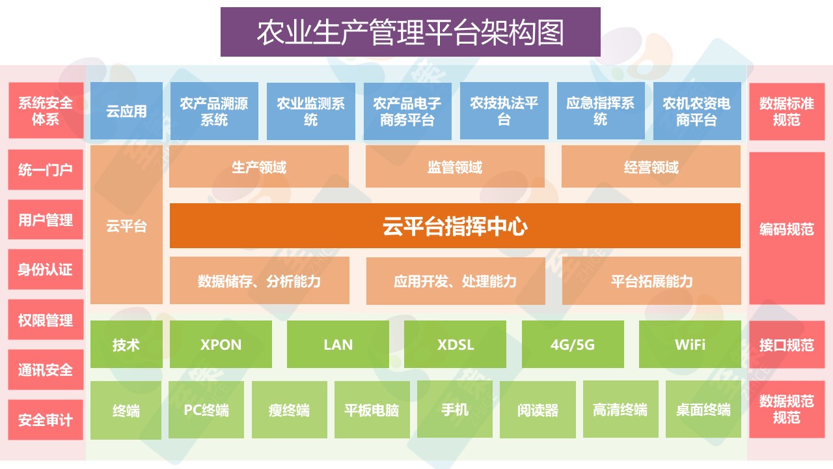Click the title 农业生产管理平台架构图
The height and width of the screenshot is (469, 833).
[x=410, y=33]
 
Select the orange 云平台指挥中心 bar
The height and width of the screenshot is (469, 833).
[x=455, y=226]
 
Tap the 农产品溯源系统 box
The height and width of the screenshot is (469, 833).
[x=214, y=111]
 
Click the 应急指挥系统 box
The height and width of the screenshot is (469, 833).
[x=601, y=111]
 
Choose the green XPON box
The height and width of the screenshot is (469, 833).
[x=221, y=345]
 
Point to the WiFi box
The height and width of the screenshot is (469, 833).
[x=690, y=345]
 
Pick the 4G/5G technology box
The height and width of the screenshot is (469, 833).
[x=573, y=345]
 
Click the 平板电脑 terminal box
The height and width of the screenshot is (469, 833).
[x=372, y=410]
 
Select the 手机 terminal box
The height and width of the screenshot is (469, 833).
[x=455, y=410]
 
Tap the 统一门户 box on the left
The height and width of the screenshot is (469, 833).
[x=46, y=170]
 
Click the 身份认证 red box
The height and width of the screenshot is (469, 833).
[x=46, y=270]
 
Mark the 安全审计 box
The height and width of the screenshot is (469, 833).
[x=46, y=420]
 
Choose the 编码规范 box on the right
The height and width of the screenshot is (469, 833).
[x=787, y=229]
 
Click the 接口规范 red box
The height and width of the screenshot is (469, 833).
[x=787, y=345]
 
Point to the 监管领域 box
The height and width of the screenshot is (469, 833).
[x=455, y=167]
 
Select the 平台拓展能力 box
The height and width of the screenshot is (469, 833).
[x=651, y=281]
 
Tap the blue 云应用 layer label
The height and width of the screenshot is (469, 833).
[x=126, y=111]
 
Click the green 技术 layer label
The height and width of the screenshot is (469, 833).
[x=126, y=345]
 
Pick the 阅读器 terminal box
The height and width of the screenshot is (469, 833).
[x=538, y=410]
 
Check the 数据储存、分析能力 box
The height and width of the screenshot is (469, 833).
[x=259, y=281]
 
